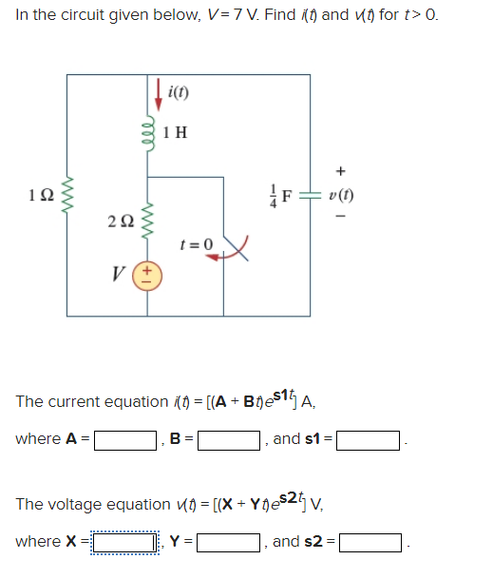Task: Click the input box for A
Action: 124,441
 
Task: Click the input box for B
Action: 230,441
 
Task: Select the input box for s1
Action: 370,441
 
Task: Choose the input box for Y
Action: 230,543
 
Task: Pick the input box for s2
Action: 370,543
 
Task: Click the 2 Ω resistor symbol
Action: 146,222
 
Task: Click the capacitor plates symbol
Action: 310,197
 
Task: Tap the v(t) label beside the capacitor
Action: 341,197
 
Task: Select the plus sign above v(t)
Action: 341,172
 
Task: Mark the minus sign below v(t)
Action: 341,222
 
